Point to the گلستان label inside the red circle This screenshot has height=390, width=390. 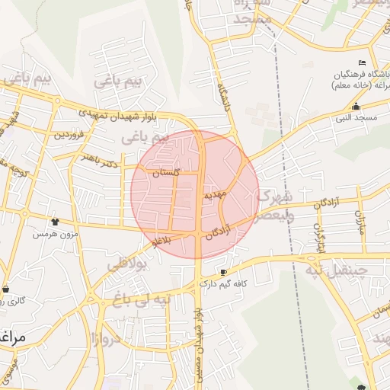pos(166,173)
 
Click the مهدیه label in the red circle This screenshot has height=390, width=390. pos(215,195)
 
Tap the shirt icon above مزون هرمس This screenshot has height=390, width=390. pos(55,222)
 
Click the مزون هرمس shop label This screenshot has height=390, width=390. pos(55,233)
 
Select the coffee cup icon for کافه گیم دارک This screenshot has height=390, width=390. pos(223,272)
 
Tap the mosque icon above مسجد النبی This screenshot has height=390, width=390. pos(356,107)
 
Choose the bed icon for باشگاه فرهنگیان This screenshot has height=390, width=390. pos(361,62)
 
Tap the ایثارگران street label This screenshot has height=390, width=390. pos(321,237)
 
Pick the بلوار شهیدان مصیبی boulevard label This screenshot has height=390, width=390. pos(197,335)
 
